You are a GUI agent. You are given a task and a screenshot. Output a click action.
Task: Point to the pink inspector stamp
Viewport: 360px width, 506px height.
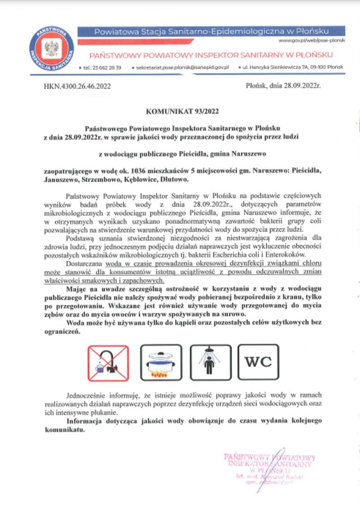coord(269,467)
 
